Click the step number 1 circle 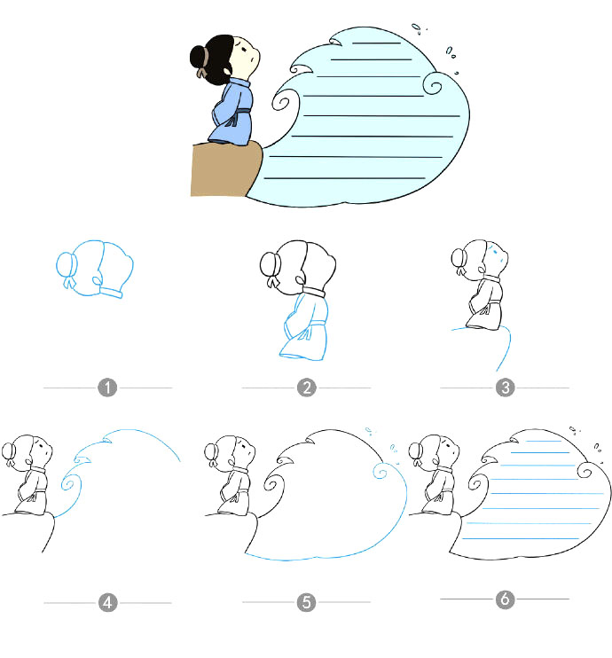click(107, 388)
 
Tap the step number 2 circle click(306, 388)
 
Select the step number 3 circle click(505, 388)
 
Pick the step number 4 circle click(107, 603)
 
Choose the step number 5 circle click(306, 602)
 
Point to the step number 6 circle click(505, 599)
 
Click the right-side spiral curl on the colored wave click(432, 84)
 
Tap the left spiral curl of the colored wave click(282, 102)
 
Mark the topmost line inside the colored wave click(377, 43)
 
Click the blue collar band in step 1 click(111, 292)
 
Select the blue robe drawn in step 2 click(304, 327)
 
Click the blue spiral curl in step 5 click(381, 471)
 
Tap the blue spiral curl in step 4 click(68, 483)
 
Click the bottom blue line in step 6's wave click(521, 538)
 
